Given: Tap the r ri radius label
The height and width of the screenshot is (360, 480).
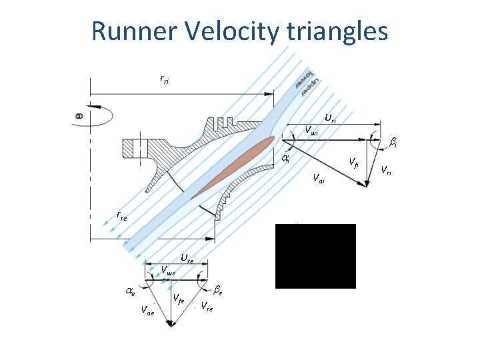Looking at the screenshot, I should (164, 79).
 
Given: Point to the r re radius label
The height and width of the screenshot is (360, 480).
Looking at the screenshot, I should (121, 216).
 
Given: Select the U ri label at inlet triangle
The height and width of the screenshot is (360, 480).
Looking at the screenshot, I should (330, 119).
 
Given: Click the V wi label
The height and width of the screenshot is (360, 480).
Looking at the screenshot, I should (311, 131).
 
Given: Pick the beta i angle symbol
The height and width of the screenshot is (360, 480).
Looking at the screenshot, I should (394, 142).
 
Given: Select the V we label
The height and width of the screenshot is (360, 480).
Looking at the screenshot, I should (168, 271).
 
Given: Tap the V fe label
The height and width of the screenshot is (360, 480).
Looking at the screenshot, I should (179, 299).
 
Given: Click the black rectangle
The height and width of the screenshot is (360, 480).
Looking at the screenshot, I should (315, 256).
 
